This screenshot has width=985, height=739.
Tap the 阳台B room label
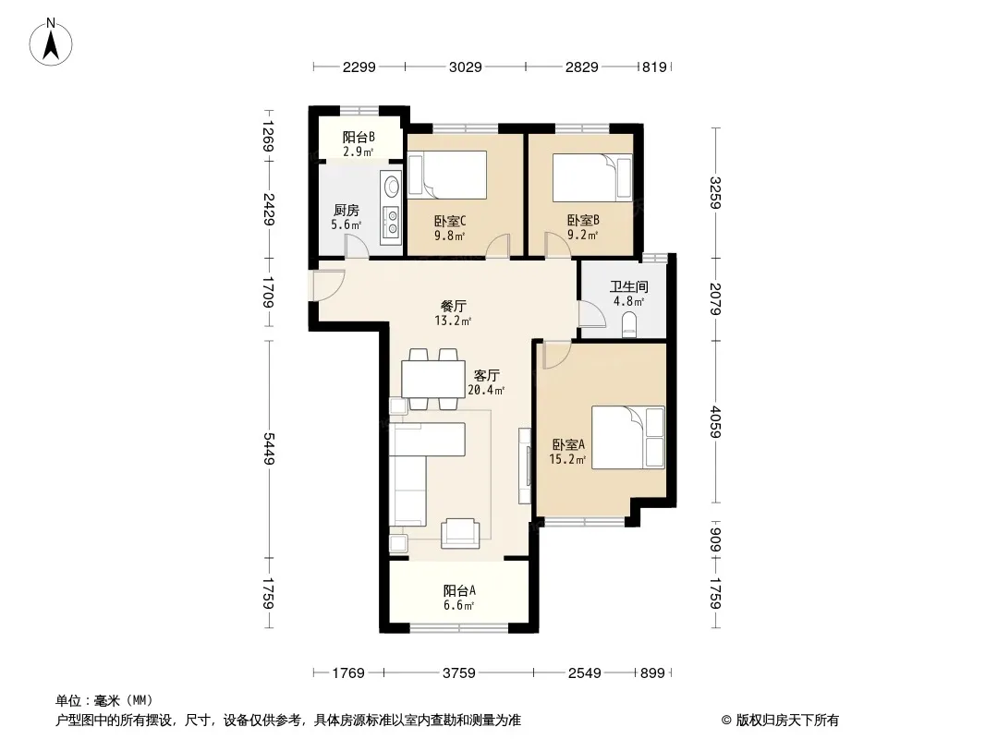[x=359, y=137]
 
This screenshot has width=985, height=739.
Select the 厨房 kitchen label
[x=347, y=211]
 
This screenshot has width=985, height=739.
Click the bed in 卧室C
[x=447, y=176]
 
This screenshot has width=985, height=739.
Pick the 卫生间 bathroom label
[x=629, y=287]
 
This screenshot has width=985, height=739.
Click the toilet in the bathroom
[x=629, y=326]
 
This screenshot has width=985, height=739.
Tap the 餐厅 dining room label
[x=453, y=307]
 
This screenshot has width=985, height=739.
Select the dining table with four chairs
[x=432, y=380]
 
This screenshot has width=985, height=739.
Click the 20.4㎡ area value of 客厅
[x=486, y=390]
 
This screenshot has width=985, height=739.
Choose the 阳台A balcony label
[x=459, y=591]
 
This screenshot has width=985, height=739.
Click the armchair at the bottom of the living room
[x=460, y=533]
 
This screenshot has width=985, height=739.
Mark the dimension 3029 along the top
[x=466, y=67]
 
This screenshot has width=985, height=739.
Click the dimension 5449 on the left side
[x=269, y=449]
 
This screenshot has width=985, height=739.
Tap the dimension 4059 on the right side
[x=715, y=421]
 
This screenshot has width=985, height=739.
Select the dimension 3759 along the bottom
[x=459, y=673]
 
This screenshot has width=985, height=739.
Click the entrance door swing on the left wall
[x=327, y=285]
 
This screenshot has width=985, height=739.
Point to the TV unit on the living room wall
[x=525, y=466]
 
